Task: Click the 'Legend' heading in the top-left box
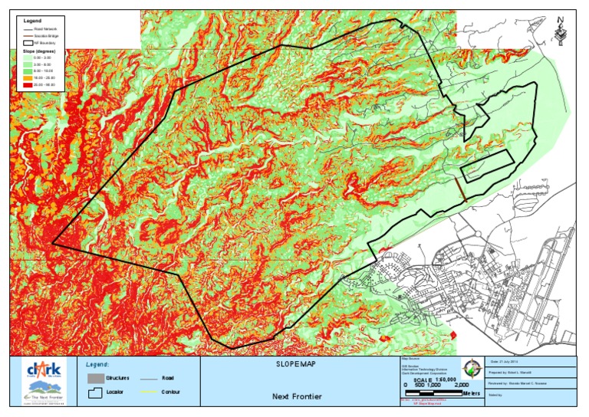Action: coord(32,19)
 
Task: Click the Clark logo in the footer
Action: coord(42,372)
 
